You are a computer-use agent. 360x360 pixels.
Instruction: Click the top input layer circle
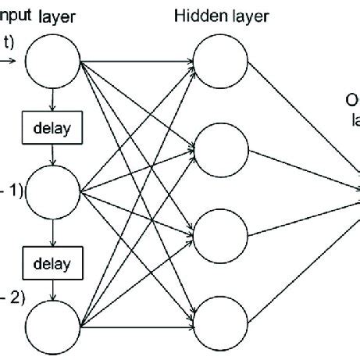point(53,60)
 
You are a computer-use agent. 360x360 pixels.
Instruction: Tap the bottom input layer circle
point(53,327)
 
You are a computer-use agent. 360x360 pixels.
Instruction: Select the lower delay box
point(52,263)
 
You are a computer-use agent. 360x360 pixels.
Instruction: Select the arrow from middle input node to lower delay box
point(52,233)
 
